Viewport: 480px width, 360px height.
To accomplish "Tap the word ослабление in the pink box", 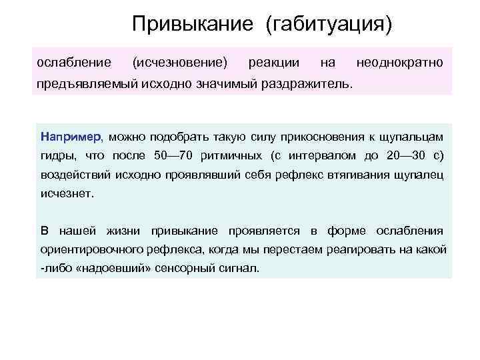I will [74, 63].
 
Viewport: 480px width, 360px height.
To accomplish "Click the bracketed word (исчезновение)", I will [180, 63].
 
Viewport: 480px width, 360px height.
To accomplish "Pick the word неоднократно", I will [399, 63].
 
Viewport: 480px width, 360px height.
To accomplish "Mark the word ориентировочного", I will [95, 249].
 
